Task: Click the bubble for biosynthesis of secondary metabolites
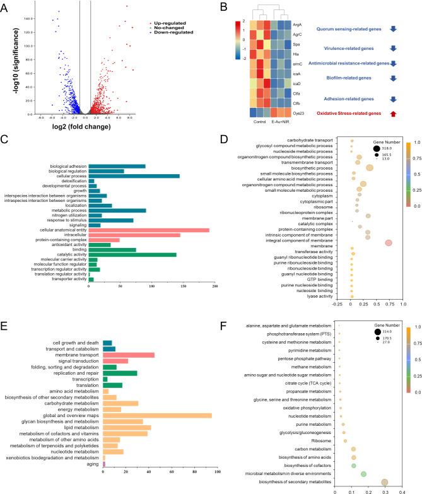click(x=385, y=481)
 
